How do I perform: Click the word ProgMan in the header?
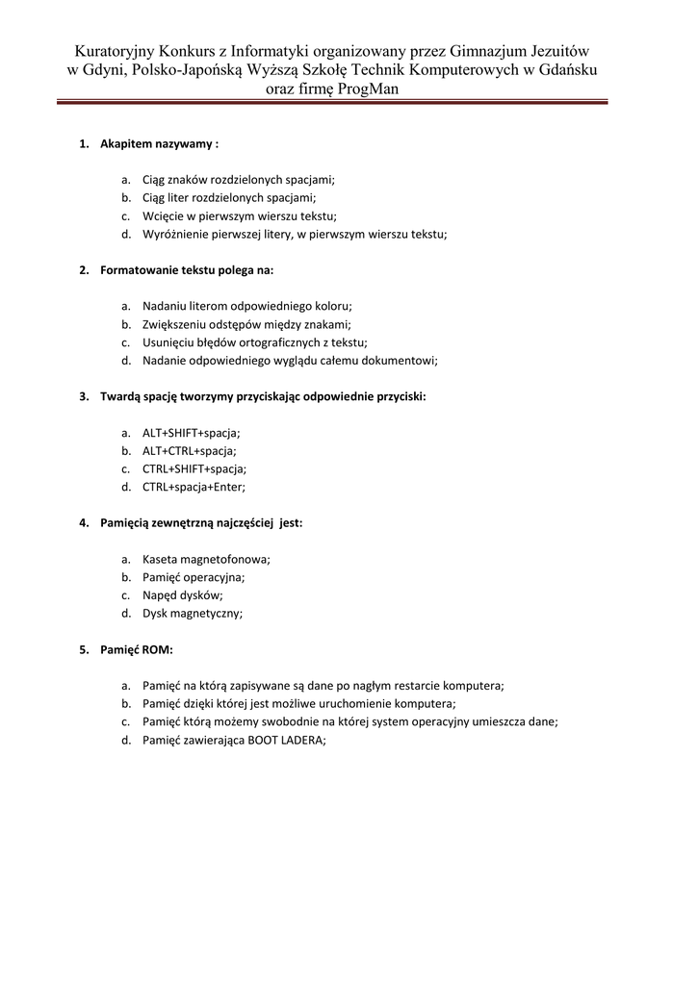pyautogui.click(x=368, y=88)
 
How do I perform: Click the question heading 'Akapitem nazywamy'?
pyautogui.click(x=159, y=143)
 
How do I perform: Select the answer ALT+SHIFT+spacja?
pyautogui.click(x=192, y=432)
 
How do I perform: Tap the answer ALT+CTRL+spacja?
pyautogui.click(x=190, y=450)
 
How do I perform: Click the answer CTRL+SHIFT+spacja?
pyautogui.click(x=194, y=468)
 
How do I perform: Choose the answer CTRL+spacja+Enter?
pyautogui.click(x=194, y=487)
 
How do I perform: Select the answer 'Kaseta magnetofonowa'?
pyautogui.click(x=206, y=559)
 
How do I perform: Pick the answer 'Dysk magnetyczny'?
pyautogui.click(x=193, y=614)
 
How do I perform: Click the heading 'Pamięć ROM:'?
pyautogui.click(x=137, y=649)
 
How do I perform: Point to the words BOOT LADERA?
pyautogui.click(x=286, y=740)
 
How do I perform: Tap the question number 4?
pyautogui.click(x=84, y=523)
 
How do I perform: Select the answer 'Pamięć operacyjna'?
pyautogui.click(x=194, y=577)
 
